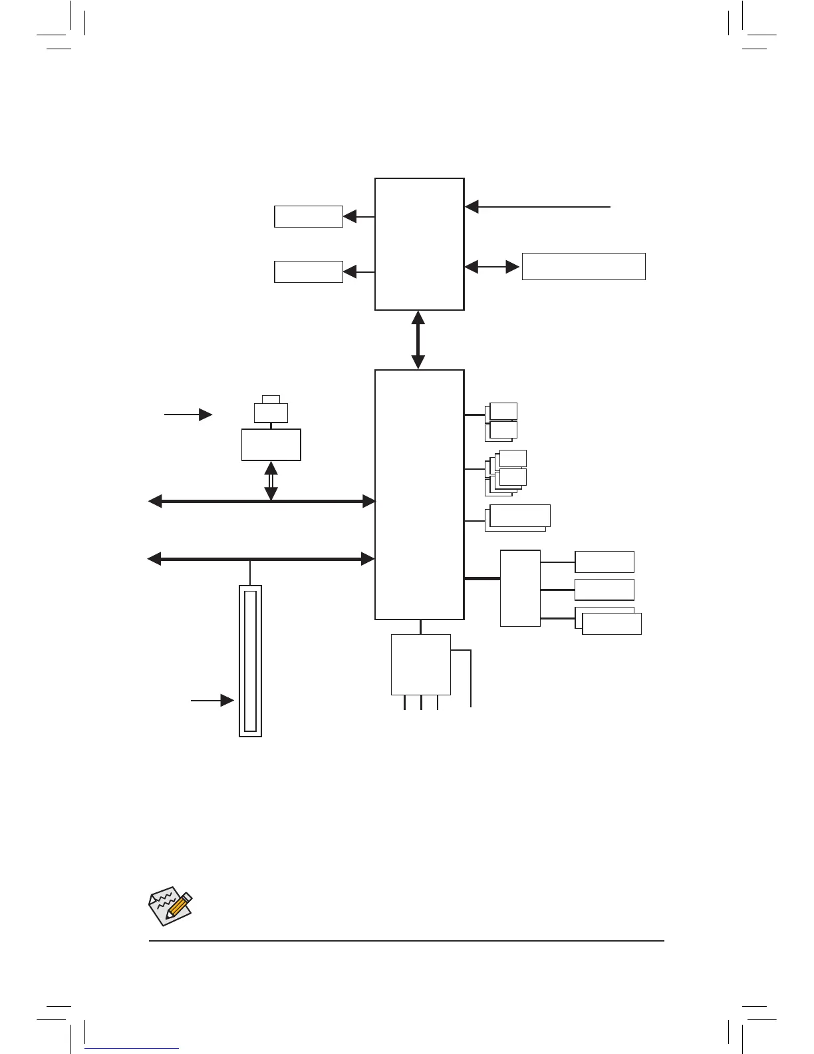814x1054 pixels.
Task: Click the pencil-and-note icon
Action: (169, 906)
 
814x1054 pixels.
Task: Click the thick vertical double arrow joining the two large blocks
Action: (418, 340)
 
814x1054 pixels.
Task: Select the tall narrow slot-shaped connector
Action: (250, 661)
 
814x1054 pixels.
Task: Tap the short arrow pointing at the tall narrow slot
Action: (212, 701)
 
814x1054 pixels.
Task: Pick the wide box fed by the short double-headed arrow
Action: (583, 266)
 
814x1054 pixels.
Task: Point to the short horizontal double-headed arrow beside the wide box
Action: (492, 267)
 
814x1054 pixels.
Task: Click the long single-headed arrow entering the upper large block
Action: (537, 207)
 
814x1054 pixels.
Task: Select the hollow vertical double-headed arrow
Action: (271, 480)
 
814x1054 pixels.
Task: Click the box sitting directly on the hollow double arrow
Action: (271, 444)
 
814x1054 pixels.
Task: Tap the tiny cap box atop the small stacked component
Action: (271, 399)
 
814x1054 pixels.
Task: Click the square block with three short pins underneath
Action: (420, 664)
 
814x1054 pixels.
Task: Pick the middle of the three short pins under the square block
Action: (421, 703)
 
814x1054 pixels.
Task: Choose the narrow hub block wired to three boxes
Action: (520, 588)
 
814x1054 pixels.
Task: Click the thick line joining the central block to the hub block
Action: (481, 579)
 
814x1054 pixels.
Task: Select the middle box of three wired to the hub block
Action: (604, 590)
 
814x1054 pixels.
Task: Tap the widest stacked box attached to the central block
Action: (519, 516)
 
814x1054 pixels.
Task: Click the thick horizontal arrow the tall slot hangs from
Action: (261, 560)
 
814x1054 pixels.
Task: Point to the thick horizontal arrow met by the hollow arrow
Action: (261, 502)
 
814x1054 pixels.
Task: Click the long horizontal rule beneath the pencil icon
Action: (406, 941)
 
